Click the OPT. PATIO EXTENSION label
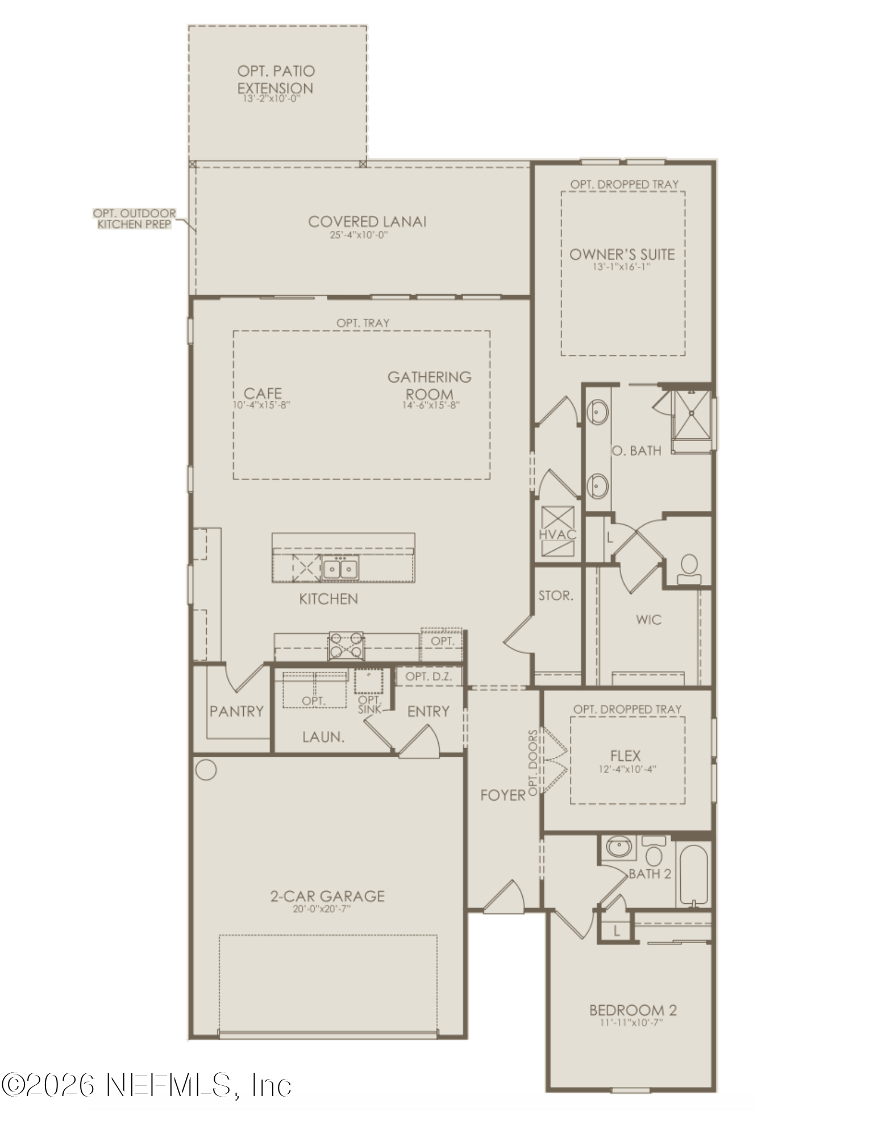(x=276, y=80)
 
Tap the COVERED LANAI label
(x=367, y=222)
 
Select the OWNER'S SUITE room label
(x=622, y=254)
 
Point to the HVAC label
(x=557, y=534)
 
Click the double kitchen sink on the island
(x=340, y=568)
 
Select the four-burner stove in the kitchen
(x=346, y=646)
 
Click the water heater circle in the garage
(x=206, y=770)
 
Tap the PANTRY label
(x=236, y=711)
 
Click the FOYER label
(x=503, y=795)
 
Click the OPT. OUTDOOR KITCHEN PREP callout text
(x=134, y=219)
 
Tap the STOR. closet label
(x=556, y=596)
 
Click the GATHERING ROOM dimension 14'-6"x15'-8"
(x=430, y=405)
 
